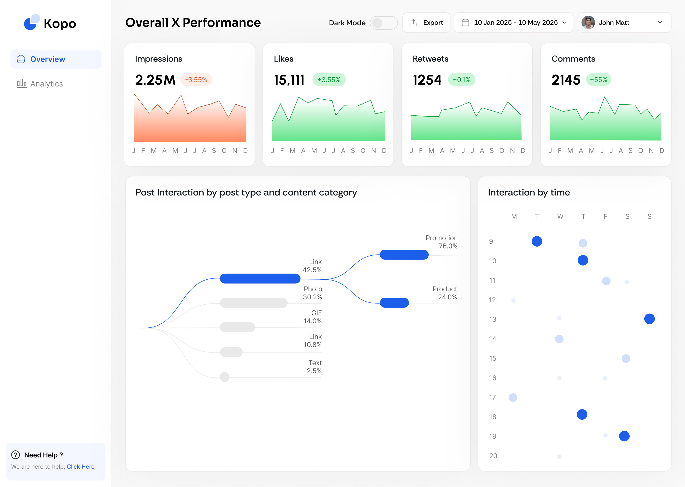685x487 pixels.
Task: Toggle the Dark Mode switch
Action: [x=384, y=23]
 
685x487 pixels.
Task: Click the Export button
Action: [x=426, y=23]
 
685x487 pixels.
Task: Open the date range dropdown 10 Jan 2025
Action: [x=513, y=23]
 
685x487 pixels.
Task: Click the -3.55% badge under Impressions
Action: [x=196, y=80]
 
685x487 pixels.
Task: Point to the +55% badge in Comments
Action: [x=598, y=80]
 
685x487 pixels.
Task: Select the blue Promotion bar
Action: [x=404, y=255]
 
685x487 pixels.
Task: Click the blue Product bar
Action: [x=394, y=302]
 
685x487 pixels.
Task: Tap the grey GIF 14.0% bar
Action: [x=237, y=327]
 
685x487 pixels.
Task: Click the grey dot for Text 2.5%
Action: [x=225, y=377]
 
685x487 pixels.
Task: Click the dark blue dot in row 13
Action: [x=649, y=319]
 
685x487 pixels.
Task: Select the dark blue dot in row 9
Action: [x=537, y=241]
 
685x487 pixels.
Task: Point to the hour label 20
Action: [x=493, y=456]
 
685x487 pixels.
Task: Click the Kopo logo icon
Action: [x=31, y=23]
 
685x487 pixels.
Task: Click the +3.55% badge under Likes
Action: [x=329, y=80]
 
